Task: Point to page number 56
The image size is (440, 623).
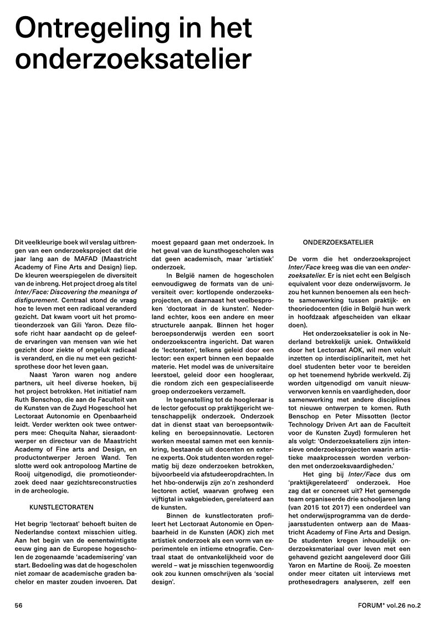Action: pyautogui.click(x=18, y=606)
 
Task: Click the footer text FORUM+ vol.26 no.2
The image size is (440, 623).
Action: pyautogui.click(x=390, y=606)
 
